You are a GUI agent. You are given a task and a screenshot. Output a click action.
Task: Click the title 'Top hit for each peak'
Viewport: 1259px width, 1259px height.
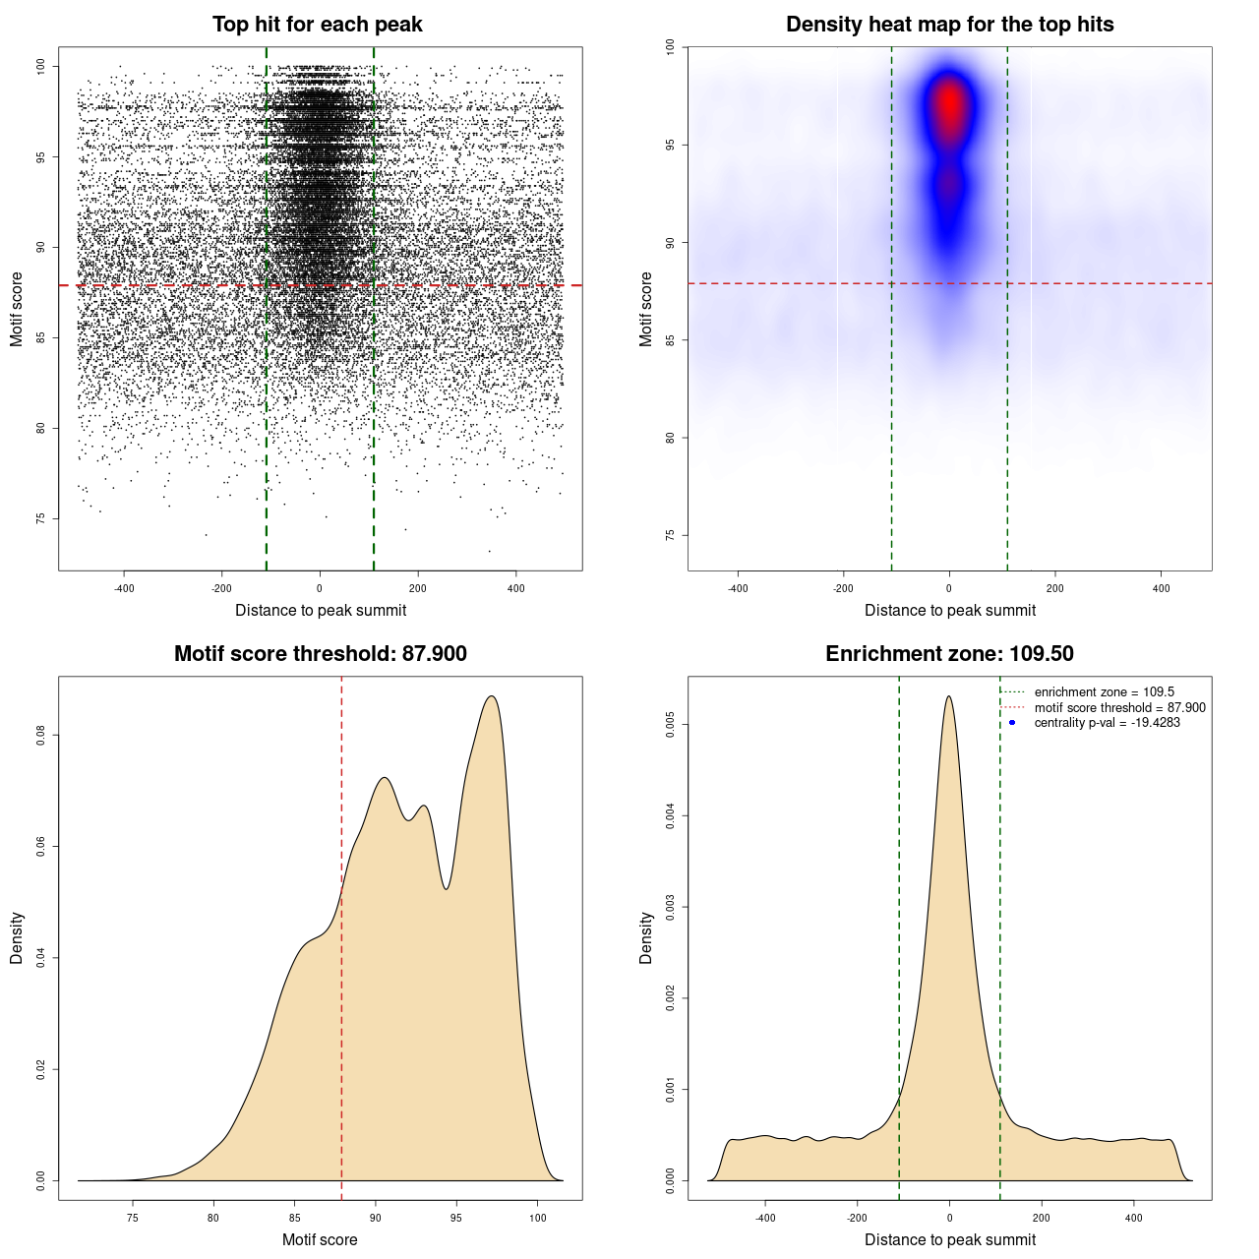point(318,25)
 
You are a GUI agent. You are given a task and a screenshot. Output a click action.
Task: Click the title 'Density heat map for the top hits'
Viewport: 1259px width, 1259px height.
point(949,25)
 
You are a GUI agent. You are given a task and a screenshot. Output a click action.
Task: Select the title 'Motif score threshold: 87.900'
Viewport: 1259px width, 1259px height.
point(320,654)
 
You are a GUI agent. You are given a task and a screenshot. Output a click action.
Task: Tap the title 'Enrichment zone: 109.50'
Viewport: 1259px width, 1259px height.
point(949,654)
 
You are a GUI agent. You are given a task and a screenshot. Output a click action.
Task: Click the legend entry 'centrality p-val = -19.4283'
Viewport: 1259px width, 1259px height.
point(1107,723)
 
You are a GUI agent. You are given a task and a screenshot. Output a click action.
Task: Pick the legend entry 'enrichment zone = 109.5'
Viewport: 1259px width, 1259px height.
point(1104,692)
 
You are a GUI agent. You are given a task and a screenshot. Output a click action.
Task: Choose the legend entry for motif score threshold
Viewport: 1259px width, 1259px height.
point(1119,708)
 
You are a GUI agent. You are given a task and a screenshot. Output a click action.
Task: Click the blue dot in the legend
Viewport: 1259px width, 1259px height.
point(1012,723)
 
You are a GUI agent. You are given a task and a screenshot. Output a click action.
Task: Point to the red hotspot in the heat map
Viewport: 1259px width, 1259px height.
point(949,103)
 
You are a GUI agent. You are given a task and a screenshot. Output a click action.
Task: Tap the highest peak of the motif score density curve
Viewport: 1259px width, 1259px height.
point(492,696)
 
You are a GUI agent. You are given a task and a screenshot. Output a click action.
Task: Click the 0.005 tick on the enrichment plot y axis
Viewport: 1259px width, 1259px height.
point(670,725)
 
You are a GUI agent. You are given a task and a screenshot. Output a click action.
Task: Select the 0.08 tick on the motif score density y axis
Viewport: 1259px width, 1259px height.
point(40,736)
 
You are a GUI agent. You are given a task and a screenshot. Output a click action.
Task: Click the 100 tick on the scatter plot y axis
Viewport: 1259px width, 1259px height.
point(40,66)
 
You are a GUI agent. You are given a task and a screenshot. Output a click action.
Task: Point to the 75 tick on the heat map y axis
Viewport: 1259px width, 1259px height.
point(670,535)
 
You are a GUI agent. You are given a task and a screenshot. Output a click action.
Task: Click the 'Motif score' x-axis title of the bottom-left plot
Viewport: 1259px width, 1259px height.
point(320,1239)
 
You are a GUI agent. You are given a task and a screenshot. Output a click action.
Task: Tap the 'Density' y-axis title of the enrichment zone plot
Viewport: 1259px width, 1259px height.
point(646,937)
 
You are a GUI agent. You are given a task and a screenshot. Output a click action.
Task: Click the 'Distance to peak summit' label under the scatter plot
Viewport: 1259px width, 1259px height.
point(321,610)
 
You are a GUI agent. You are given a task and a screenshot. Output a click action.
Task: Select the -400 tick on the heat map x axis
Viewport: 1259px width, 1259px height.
point(737,588)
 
